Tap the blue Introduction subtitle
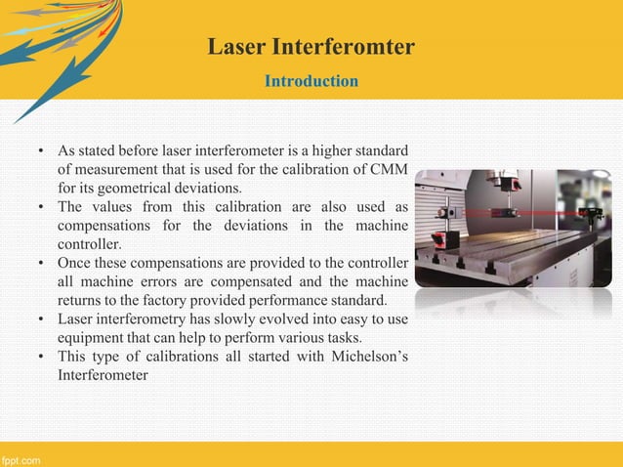tap(311, 81)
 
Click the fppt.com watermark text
tap(21, 458)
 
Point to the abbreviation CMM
tap(389, 170)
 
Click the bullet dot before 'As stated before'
tap(41, 151)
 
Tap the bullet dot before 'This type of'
tap(41, 355)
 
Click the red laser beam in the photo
tap(547, 211)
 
